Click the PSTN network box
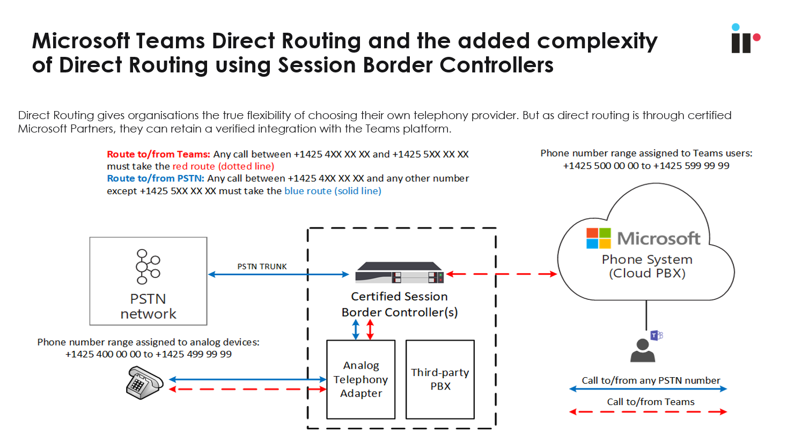pyautogui.click(x=148, y=281)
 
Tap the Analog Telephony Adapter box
pyautogui.click(x=361, y=379)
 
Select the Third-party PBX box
pyautogui.click(x=440, y=379)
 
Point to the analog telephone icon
pyautogui.click(x=144, y=383)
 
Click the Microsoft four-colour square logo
pyautogui.click(x=598, y=238)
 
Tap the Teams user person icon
pyautogui.click(x=643, y=351)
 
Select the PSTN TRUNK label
pyautogui.click(x=262, y=266)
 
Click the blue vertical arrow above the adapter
pyautogui.click(x=356, y=329)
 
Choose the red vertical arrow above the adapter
pyautogui.click(x=370, y=329)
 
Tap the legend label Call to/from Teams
pyautogui.click(x=650, y=402)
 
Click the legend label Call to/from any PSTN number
pyautogui.click(x=650, y=380)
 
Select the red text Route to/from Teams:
pyautogui.click(x=158, y=154)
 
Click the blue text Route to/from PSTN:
pyautogui.click(x=156, y=178)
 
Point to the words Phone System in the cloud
pyautogui.click(x=647, y=260)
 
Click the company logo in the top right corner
pyautogui.click(x=745, y=39)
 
